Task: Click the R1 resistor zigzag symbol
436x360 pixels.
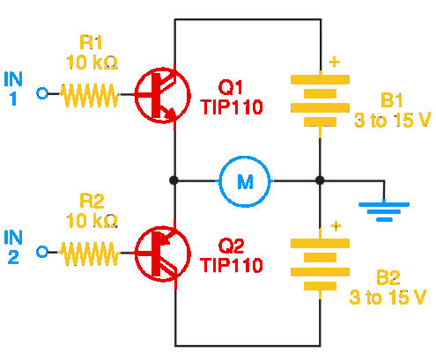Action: tap(89, 95)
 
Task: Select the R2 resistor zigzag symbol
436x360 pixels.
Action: tap(89, 253)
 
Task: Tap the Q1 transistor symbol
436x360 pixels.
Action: tap(163, 95)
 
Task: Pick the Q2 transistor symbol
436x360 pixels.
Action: tap(163, 254)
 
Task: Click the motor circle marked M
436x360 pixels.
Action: tap(245, 181)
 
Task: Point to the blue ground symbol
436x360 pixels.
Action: tap(384, 210)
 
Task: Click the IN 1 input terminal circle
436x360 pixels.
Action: tap(42, 93)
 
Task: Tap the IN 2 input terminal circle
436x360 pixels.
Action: tap(42, 252)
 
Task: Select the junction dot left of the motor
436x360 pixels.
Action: tap(174, 180)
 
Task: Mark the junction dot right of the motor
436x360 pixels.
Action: tap(320, 180)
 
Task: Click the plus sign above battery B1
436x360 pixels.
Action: tap(334, 62)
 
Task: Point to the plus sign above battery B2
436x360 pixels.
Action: tap(336, 226)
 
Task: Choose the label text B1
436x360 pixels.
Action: tap(391, 100)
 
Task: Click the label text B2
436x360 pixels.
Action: tap(388, 277)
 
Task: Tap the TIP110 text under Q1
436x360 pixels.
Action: tap(232, 107)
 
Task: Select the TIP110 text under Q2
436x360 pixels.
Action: tap(232, 265)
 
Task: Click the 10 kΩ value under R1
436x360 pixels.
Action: tap(92, 62)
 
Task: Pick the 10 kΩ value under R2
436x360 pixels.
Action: tap(92, 221)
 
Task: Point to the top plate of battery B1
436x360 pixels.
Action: tap(320, 80)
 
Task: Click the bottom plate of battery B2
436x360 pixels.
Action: tap(320, 286)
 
